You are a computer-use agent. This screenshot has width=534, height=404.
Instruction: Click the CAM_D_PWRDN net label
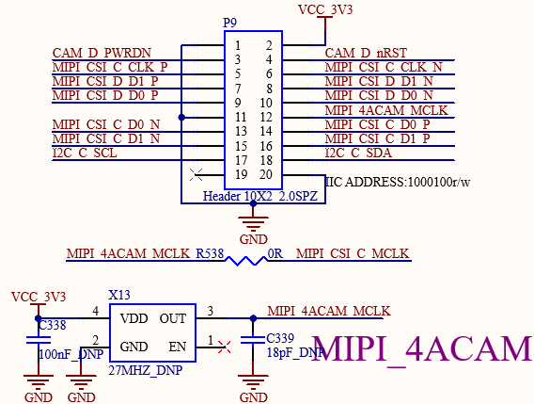(102, 54)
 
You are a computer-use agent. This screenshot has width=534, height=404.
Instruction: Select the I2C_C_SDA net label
(358, 153)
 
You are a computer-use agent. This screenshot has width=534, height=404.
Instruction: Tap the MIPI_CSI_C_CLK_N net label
(384, 67)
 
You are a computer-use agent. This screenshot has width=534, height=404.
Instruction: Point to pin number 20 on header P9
(266, 174)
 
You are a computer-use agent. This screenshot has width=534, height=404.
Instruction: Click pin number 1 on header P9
(238, 45)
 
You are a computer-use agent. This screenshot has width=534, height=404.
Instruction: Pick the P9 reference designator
(229, 23)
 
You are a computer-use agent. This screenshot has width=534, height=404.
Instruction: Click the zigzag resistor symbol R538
(246, 261)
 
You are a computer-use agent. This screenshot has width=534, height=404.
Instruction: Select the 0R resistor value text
(275, 254)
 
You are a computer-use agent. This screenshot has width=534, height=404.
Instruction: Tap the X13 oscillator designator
(119, 295)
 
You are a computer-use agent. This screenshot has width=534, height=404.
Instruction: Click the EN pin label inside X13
(177, 347)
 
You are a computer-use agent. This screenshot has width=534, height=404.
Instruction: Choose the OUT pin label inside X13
(173, 318)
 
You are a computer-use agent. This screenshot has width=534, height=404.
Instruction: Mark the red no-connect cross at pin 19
(196, 175)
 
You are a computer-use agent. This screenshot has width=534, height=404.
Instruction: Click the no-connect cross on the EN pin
(224, 347)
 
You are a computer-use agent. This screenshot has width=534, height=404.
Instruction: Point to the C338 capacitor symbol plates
(39, 340)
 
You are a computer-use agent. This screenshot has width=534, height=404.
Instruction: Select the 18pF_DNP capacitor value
(295, 352)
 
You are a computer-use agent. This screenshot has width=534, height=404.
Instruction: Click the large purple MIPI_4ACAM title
(421, 348)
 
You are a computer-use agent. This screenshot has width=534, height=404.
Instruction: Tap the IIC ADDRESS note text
(398, 182)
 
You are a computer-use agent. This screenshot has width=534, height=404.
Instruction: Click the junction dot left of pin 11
(181, 118)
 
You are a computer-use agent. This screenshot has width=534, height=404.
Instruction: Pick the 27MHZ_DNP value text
(146, 370)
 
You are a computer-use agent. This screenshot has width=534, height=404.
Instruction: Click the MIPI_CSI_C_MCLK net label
(353, 254)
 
